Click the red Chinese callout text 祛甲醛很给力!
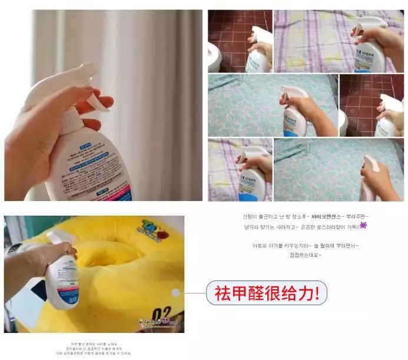coord(267,293)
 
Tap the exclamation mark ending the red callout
coord(318,293)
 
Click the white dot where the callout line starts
coord(175,293)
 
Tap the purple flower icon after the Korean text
coord(363,226)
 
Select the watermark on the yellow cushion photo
coord(156,323)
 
